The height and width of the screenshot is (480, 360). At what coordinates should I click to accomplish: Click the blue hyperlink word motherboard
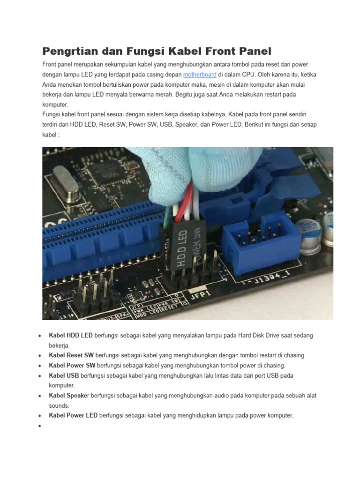pyautogui.click(x=200, y=75)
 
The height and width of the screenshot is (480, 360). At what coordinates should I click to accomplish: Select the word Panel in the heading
pyautogui.click(x=251, y=51)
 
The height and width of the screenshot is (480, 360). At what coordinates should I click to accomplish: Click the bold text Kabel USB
pyautogui.click(x=64, y=375)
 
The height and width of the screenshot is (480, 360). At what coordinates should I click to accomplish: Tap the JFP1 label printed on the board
pyautogui.click(x=200, y=295)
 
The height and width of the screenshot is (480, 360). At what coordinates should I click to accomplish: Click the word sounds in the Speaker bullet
pyautogui.click(x=59, y=405)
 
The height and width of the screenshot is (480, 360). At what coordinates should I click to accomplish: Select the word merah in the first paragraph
pyautogui.click(x=163, y=94)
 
